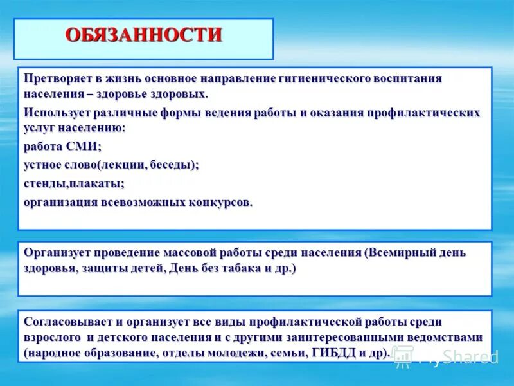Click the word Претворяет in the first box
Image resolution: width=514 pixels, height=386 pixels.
[53, 78]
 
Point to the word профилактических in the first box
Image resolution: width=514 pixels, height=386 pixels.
[423, 113]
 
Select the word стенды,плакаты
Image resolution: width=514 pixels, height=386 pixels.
[74, 183]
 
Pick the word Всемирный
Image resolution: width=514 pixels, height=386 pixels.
[404, 253]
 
